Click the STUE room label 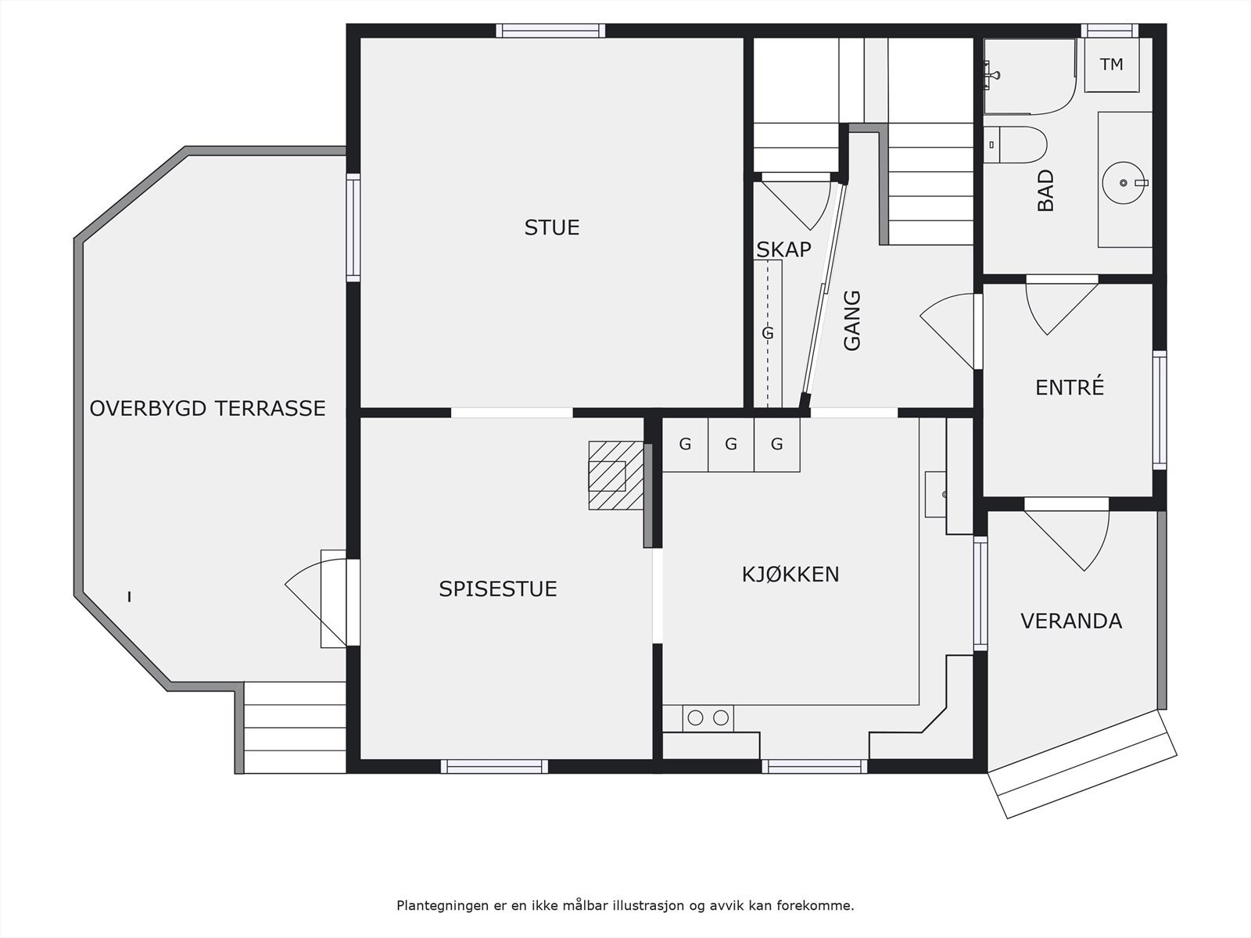(x=551, y=227)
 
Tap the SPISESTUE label (x=497, y=589)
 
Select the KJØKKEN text (x=790, y=575)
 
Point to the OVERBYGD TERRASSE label (x=207, y=408)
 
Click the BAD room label (x=1045, y=191)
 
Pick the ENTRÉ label (x=1069, y=387)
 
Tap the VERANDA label (x=1070, y=621)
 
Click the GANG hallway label (x=852, y=320)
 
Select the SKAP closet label (x=783, y=249)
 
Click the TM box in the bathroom (x=1111, y=65)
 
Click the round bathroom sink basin (x=1124, y=182)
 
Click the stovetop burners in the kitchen (x=708, y=717)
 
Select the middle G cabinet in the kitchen (x=731, y=445)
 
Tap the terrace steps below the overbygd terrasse (x=295, y=727)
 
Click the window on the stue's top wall (x=550, y=30)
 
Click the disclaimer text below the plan (x=625, y=906)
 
